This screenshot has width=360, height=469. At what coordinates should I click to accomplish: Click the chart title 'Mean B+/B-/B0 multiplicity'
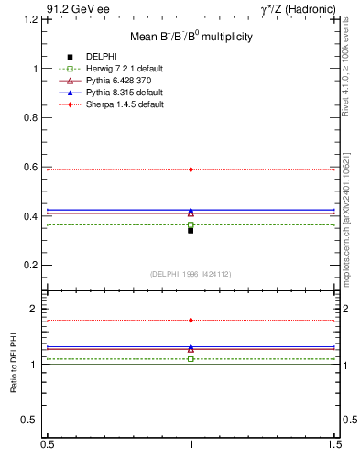coord(190,37)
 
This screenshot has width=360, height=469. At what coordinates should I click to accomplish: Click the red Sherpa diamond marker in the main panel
coord(191,169)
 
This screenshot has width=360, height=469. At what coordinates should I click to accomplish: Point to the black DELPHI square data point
coord(191,230)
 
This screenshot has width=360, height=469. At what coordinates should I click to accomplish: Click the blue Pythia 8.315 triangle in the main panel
coord(191,211)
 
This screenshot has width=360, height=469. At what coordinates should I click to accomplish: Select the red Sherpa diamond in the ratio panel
coord(191,321)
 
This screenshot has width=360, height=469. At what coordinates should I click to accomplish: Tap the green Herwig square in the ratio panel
coord(191,359)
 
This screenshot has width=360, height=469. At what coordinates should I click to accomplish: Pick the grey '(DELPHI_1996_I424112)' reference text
coord(191,274)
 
